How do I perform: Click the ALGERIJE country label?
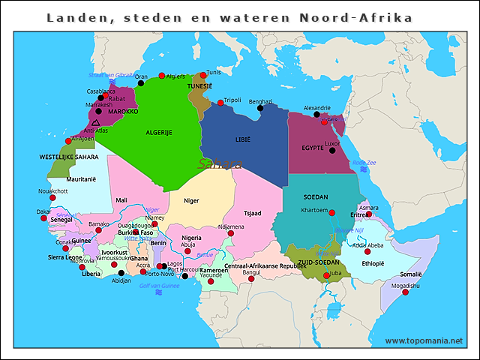[154, 132]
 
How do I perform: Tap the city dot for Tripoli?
[220, 103]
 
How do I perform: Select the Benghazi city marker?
[260, 108]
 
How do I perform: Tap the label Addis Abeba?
[368, 245]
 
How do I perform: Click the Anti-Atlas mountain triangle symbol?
[95, 122]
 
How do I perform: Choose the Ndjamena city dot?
[231, 234]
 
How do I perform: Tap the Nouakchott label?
[52, 191]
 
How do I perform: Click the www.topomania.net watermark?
[424, 340]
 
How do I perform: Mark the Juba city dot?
[326, 274]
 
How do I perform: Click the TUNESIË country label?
[200, 86]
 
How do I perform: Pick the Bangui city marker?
[251, 279]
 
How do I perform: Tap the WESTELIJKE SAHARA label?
[68, 157]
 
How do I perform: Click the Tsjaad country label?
[251, 213]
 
